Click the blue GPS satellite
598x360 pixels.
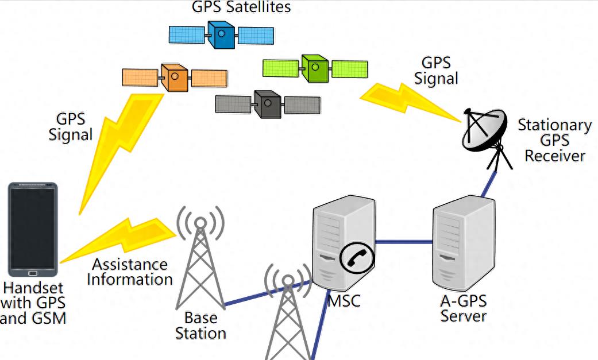221,34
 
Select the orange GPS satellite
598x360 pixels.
174,78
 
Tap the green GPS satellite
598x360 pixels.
314,68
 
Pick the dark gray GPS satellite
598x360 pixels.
268,104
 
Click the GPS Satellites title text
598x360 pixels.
241,7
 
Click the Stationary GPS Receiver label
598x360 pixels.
554,140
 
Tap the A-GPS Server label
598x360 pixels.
463,308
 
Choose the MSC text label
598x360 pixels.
344,300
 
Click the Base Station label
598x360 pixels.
200,325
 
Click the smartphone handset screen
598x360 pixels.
33,227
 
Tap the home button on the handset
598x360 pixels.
33,272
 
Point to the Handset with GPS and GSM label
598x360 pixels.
33,303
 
